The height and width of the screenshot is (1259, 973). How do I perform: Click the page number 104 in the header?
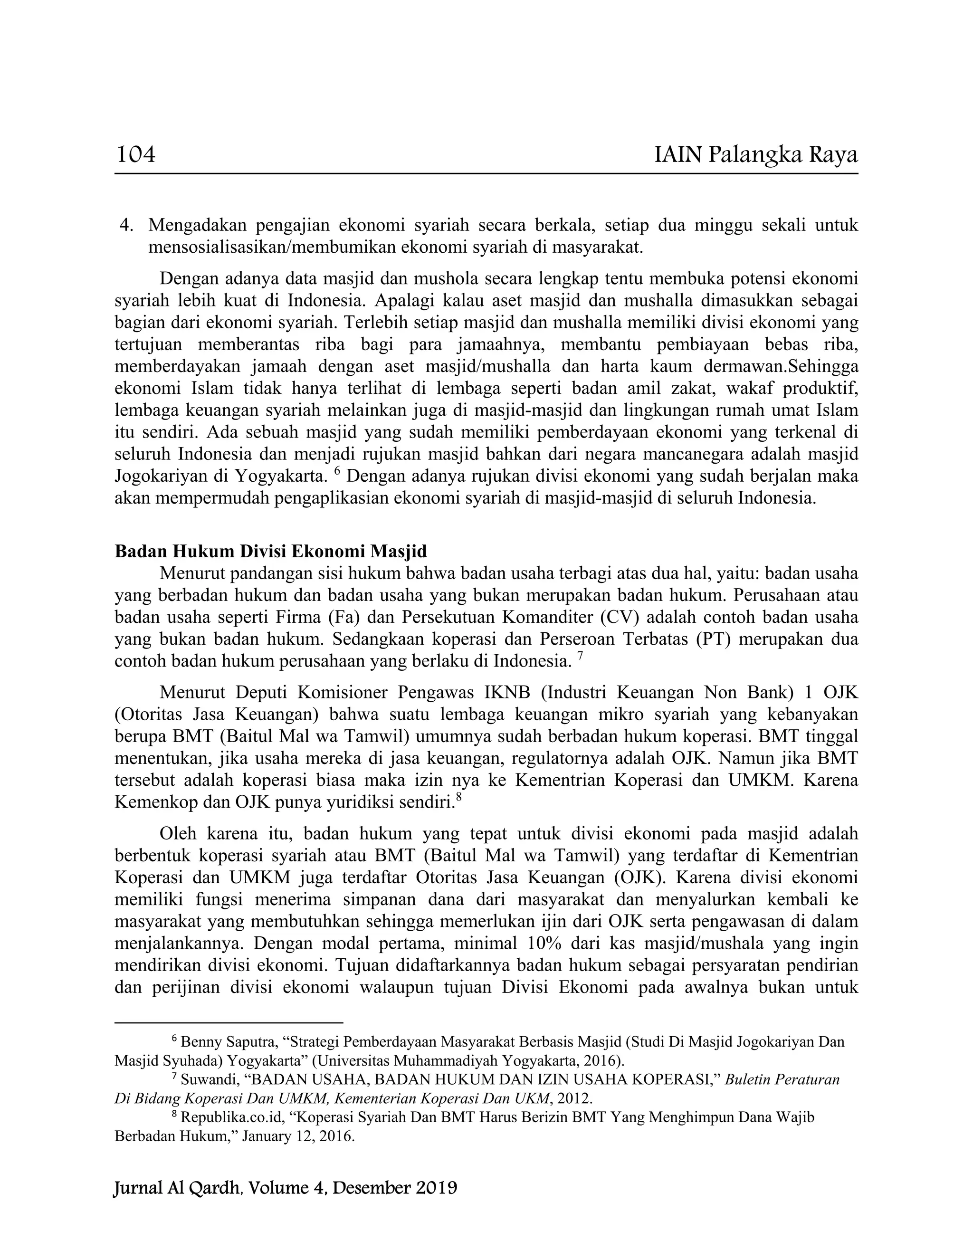tap(136, 154)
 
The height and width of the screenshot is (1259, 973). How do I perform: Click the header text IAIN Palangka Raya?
tap(756, 154)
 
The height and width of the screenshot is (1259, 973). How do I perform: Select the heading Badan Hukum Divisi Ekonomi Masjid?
tap(270, 551)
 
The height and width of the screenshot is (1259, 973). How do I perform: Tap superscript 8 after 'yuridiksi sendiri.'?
tap(459, 797)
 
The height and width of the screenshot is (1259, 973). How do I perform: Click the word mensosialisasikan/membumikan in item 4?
tap(270, 248)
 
